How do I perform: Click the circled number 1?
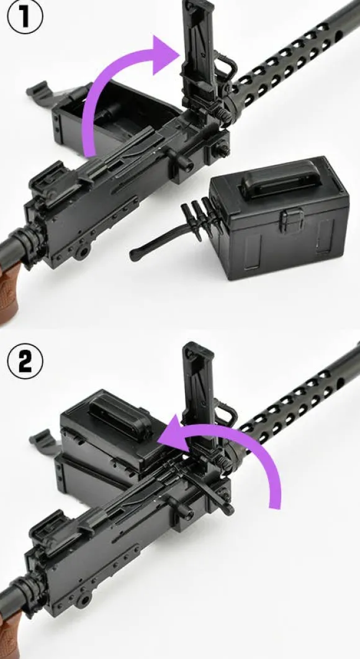coord(25,16)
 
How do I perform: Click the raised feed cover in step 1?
coord(199,55)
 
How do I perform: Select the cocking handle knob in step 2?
coord(185,511)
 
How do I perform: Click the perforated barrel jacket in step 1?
coord(290,59)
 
